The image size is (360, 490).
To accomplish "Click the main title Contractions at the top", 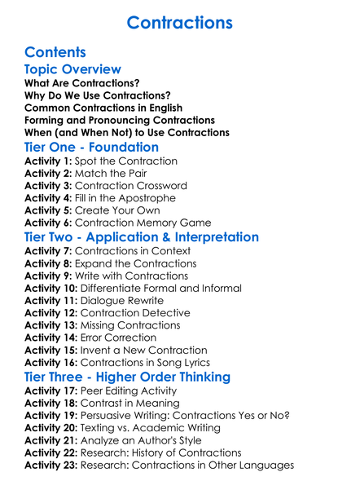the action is coord(179,21).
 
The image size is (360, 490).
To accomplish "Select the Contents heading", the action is coord(56,53).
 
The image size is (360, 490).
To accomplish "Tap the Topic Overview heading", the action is coord(73,69).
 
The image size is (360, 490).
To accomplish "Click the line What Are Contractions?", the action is coord(82,83).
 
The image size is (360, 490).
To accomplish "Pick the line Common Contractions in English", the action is coord(103,108).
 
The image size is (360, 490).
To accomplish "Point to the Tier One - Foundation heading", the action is coord(91,147).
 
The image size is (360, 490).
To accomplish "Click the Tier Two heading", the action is coord(142,237).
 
